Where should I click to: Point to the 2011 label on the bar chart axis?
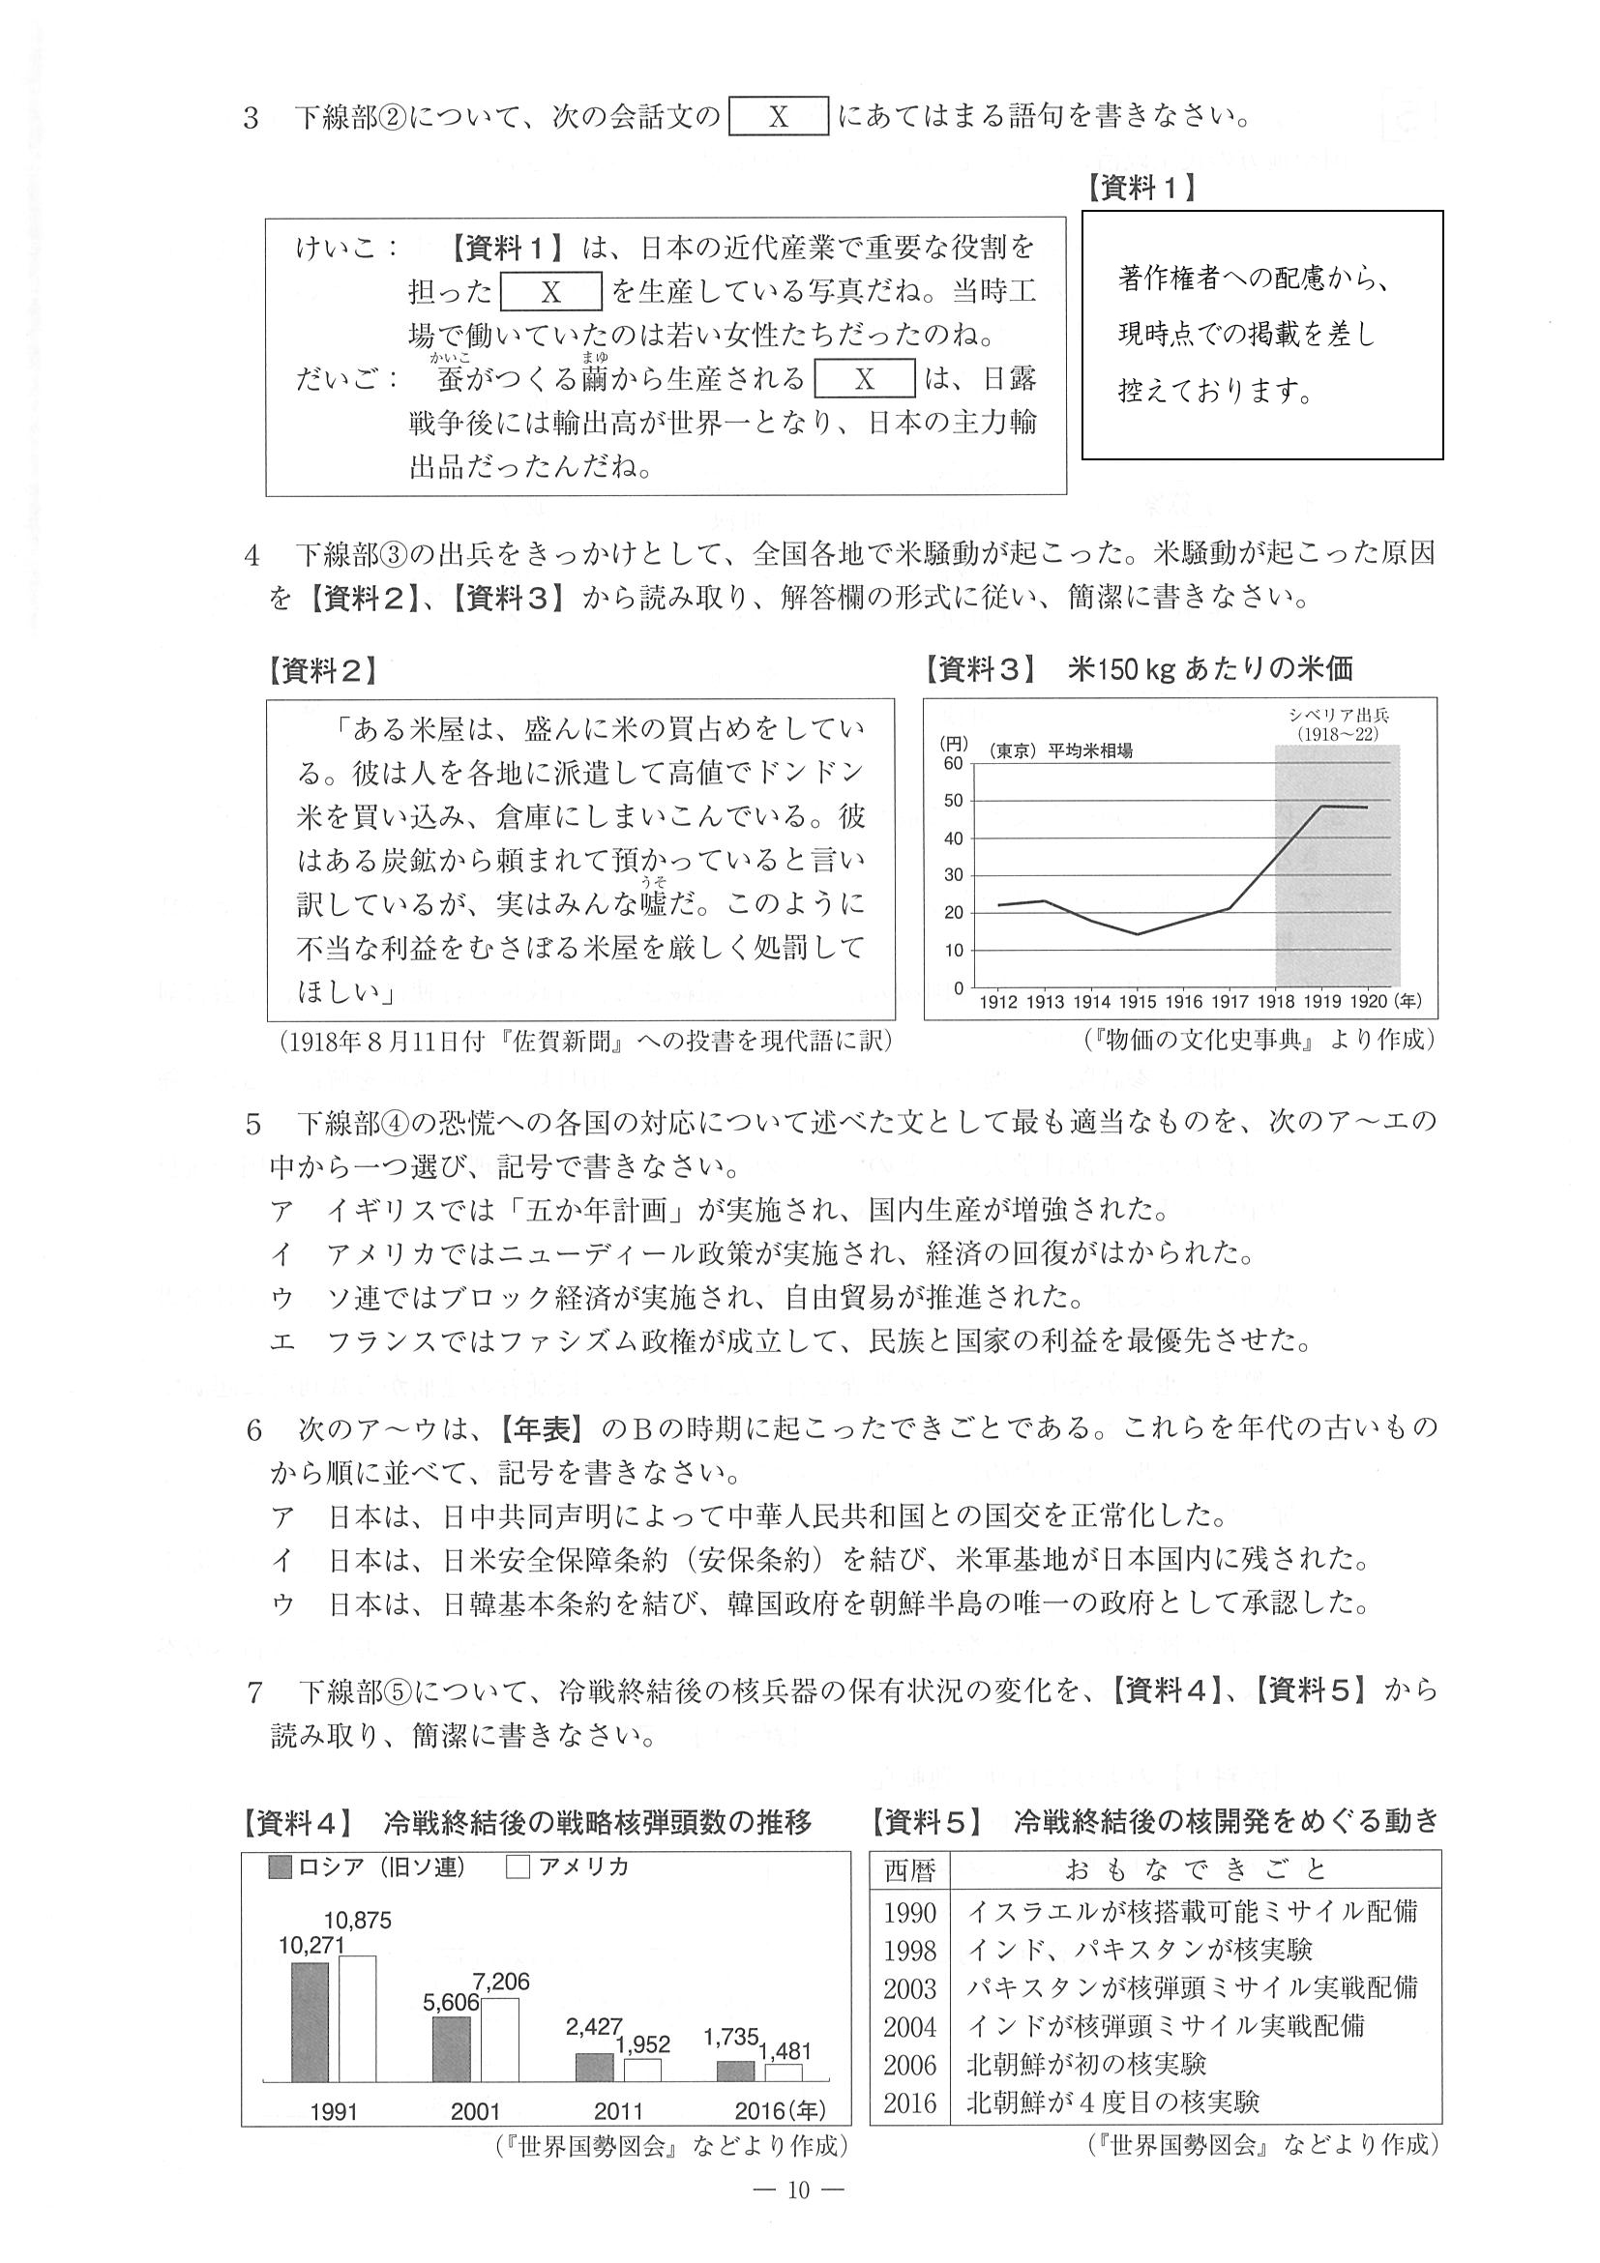click(618, 2111)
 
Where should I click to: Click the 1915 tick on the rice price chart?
click(1138, 1002)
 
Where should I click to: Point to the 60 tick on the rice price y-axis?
click(952, 764)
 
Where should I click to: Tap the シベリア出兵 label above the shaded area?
click(1338, 716)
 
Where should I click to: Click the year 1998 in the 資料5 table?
click(909, 1951)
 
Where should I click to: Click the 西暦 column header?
click(909, 1870)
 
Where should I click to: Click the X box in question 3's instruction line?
click(778, 116)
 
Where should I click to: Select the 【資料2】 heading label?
click(322, 672)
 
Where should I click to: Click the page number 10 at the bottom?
click(798, 2190)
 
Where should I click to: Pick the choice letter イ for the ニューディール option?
click(281, 1254)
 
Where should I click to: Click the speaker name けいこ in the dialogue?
click(337, 249)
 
